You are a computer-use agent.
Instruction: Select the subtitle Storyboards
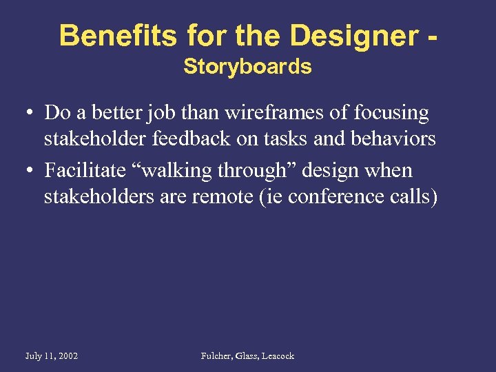click(x=247, y=67)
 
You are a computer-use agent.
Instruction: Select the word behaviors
click(x=392, y=138)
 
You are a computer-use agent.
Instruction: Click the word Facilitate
click(x=83, y=170)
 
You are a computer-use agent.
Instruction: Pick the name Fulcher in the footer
click(x=218, y=356)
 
